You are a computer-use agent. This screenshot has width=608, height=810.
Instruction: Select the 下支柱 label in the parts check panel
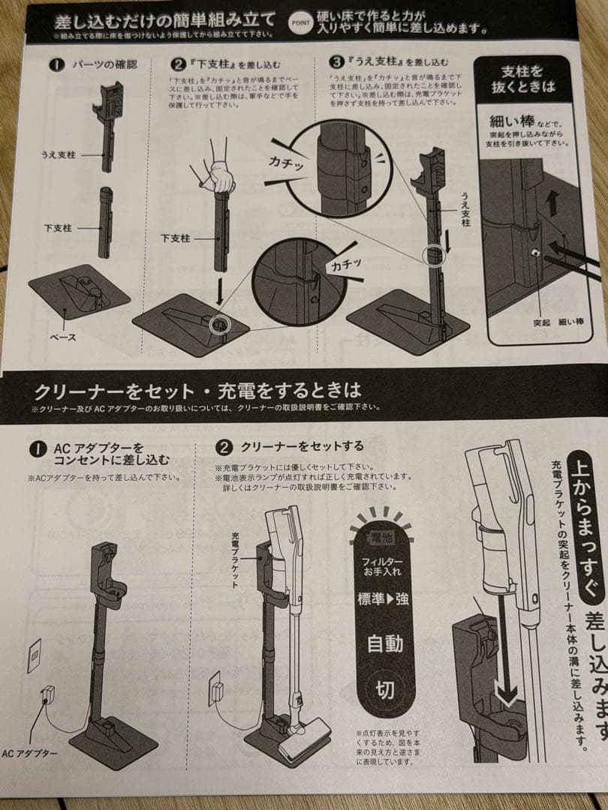(58, 227)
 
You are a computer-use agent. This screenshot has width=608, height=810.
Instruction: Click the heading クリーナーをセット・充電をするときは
(197, 391)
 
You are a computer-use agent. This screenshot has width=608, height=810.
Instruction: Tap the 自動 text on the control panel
(384, 643)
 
